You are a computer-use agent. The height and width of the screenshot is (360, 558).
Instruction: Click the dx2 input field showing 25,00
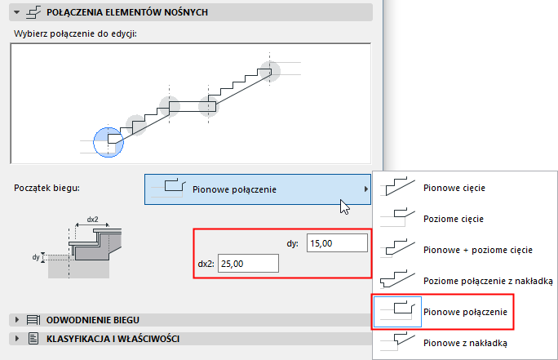click(248, 264)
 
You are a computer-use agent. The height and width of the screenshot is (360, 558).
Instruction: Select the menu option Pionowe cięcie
click(454, 188)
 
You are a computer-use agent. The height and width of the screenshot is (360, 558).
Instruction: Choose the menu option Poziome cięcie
click(454, 219)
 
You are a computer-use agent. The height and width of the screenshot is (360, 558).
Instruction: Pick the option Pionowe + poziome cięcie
click(478, 249)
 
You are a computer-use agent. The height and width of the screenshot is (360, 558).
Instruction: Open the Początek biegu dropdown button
click(257, 190)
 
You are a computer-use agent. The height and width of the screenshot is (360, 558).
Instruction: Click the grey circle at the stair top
click(270, 71)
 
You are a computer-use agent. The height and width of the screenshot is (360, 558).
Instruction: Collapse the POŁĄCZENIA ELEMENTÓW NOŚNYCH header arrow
click(15, 12)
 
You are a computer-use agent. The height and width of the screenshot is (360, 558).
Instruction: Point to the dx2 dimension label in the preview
click(92, 220)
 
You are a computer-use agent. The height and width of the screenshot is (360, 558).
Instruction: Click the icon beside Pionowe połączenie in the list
click(397, 311)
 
